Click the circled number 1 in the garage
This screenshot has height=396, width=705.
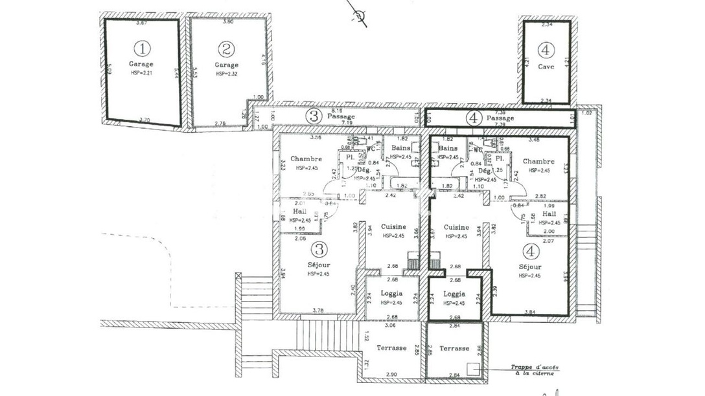(x=141, y=48)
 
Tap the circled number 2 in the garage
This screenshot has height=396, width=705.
(x=225, y=49)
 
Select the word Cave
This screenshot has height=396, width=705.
(x=546, y=66)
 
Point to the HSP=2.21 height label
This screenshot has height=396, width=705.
(x=141, y=74)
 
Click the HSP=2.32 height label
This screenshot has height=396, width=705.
(x=226, y=74)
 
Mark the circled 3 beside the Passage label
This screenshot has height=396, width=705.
(x=314, y=116)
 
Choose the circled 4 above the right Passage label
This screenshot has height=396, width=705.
(x=474, y=118)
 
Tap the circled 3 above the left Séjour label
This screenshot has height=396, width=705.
(x=319, y=248)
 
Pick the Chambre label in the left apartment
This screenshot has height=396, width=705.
(x=302, y=159)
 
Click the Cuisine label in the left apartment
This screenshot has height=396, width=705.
(x=393, y=226)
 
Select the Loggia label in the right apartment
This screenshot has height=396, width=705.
(x=454, y=294)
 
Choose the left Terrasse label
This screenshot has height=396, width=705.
(x=391, y=347)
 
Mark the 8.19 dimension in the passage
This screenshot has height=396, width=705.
(x=337, y=111)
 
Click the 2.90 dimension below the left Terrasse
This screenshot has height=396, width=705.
(x=391, y=375)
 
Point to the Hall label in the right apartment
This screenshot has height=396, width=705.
(x=549, y=214)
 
